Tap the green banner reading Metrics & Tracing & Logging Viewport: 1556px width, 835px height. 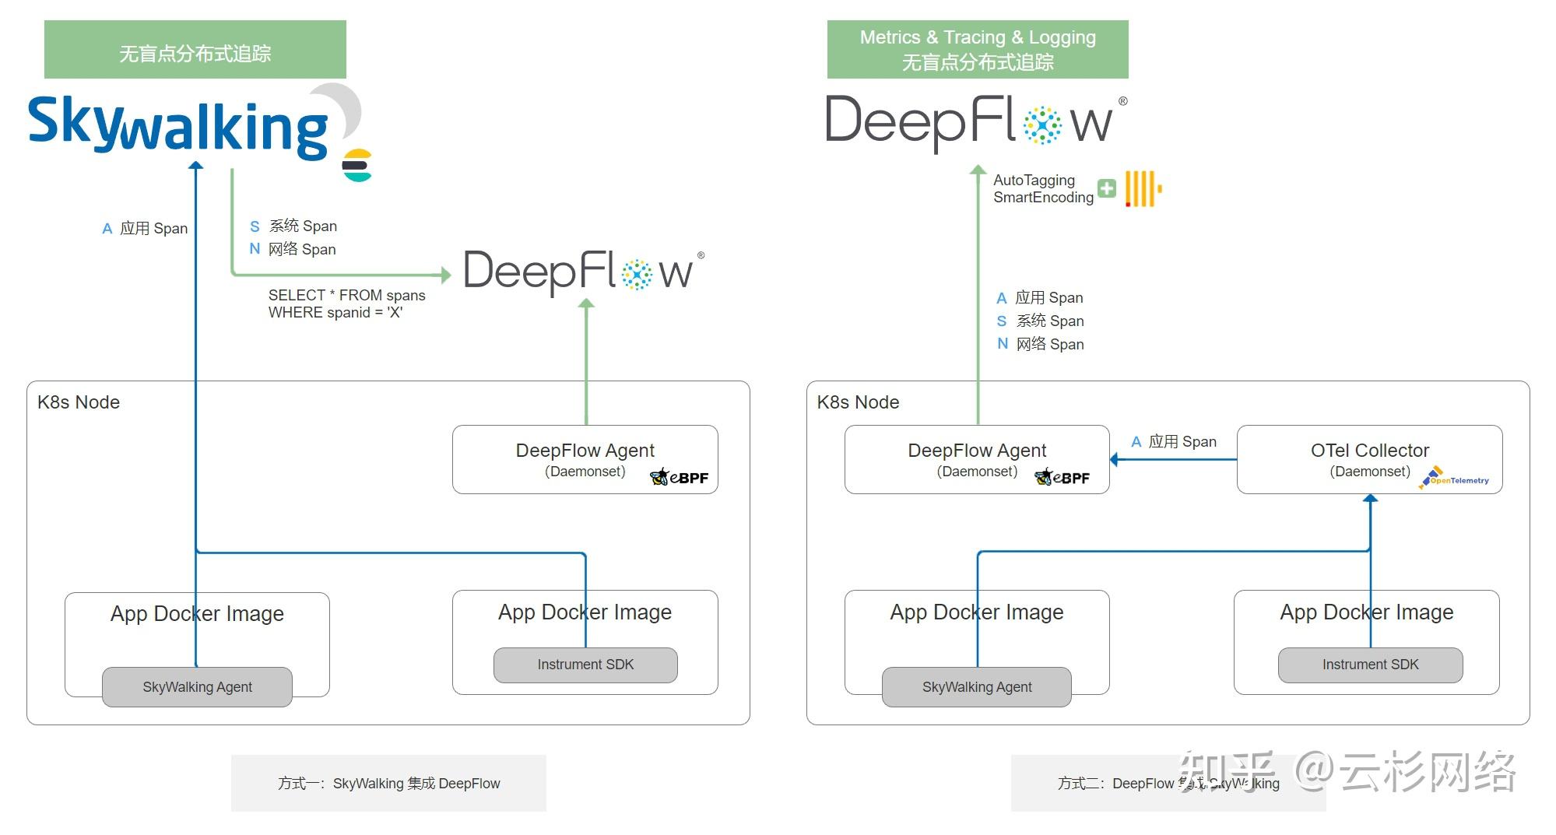coord(977,49)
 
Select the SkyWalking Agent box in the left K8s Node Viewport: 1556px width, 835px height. coord(197,686)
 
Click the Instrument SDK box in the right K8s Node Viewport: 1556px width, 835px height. coord(1369,665)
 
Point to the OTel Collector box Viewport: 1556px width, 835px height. coord(1368,458)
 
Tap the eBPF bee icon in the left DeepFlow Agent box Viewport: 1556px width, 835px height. coord(659,477)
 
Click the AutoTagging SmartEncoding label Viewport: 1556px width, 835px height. coord(1042,189)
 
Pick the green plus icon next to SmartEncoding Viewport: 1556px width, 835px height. coord(1106,188)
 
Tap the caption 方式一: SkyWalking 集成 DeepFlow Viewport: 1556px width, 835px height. coord(388,783)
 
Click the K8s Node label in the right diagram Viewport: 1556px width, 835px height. coord(858,402)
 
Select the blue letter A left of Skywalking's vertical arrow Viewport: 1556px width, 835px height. coord(107,229)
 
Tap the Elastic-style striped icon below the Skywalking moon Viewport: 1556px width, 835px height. coord(357,165)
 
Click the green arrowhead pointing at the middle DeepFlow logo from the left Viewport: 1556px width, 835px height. coord(446,274)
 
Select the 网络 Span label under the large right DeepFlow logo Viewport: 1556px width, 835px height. coord(1048,344)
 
